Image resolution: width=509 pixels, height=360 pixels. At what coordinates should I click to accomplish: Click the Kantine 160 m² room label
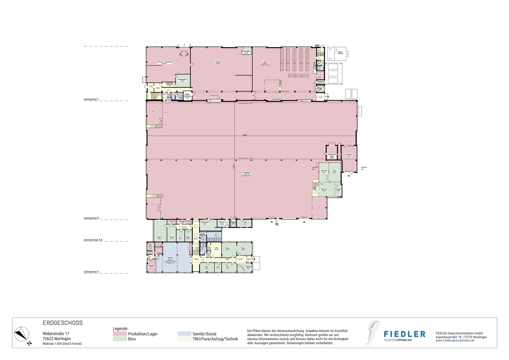coord(170,258)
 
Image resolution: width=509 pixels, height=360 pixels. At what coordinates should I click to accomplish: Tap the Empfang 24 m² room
coord(248,267)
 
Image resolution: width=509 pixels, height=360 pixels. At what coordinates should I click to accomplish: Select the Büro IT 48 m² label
coord(160,238)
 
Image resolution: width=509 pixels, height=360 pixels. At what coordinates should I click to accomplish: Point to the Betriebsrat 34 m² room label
coord(205,223)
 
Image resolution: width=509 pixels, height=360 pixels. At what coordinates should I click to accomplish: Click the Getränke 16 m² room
coord(222,223)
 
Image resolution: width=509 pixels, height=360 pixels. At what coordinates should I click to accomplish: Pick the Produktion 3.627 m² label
coord(246,173)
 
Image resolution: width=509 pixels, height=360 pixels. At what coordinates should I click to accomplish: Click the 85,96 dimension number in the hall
coord(245,135)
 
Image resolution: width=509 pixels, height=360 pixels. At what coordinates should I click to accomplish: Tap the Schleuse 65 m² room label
coord(349,155)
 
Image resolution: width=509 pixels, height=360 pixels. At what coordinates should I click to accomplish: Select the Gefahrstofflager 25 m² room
coord(332,156)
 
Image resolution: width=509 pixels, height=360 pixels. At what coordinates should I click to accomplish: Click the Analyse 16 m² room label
coord(338,190)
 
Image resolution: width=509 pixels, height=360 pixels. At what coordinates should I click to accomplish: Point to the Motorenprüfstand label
coord(340,53)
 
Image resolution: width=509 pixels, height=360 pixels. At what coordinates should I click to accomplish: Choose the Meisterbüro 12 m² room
coord(246,52)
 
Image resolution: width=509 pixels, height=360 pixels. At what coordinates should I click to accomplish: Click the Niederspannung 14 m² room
coord(187,96)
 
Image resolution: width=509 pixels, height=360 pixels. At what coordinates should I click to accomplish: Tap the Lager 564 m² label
coord(265,63)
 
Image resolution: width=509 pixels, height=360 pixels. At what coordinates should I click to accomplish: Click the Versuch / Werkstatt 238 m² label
coord(164,63)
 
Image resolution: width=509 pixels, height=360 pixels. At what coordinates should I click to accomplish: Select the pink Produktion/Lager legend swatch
coord(120,334)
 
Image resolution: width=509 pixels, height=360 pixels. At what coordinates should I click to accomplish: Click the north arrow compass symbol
coord(22,334)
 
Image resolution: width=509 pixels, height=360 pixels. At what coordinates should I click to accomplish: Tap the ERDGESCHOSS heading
coord(63,323)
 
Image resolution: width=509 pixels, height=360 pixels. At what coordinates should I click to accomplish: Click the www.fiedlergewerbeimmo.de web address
coord(455,340)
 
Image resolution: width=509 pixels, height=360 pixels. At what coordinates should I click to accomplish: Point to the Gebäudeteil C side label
coord(91,99)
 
